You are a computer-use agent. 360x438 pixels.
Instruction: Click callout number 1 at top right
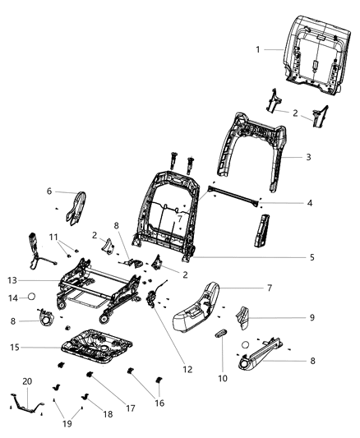pyautogui.click(x=257, y=49)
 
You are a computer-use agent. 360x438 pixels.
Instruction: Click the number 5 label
pyautogui.click(x=312, y=257)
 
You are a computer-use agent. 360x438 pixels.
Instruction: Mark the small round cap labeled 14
pyautogui.click(x=30, y=297)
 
